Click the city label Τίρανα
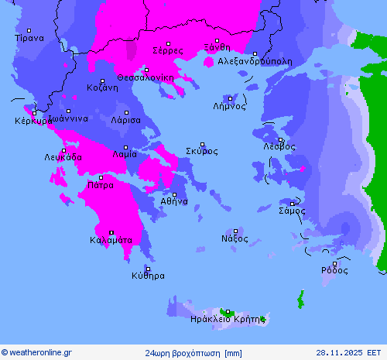29,37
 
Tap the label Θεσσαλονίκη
145,77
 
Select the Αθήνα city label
174,201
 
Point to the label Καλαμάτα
111,240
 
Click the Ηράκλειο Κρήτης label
228,318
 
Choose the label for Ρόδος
334,270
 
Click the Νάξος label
235,238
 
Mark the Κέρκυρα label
32,121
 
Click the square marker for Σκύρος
203,144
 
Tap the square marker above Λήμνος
230,99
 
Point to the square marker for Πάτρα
100,177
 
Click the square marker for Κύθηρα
147,268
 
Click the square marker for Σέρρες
168,43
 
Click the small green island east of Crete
300,299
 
